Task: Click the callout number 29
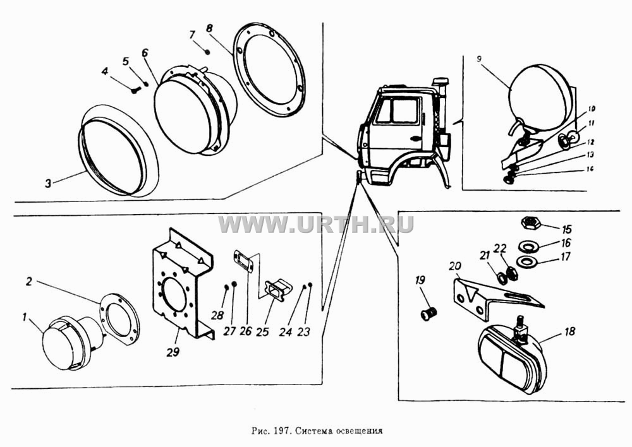[x=173, y=352]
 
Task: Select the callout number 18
[x=570, y=331]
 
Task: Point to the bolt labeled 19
[x=428, y=313]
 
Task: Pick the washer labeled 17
[x=526, y=262]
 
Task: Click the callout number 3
[x=49, y=184]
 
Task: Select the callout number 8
[x=209, y=28]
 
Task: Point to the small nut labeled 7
[x=207, y=51]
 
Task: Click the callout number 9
[x=478, y=59]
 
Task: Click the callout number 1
[x=25, y=317]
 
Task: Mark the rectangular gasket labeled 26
[x=243, y=261]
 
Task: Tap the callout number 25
[x=262, y=332]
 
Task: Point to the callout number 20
[x=455, y=266]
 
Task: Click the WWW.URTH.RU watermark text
[x=316, y=225]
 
